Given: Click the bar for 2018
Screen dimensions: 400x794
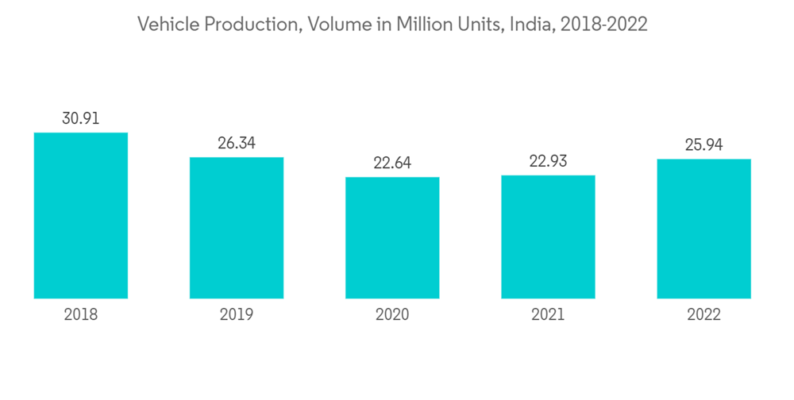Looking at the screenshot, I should point(81,215).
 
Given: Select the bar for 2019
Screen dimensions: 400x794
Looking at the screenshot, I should point(237,228).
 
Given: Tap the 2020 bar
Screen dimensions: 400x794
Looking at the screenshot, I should point(392,237).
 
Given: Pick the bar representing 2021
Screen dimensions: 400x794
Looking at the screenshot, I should point(548,237).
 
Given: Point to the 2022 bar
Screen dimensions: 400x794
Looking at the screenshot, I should point(703,229).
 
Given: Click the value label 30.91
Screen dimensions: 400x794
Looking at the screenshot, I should point(81,119).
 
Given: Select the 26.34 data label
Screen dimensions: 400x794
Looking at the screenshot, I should point(237,144).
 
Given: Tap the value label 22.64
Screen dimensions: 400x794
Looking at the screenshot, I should point(392,163).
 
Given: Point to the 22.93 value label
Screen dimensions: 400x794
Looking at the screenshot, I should point(548,162).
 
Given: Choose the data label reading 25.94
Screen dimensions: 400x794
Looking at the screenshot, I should point(703,146).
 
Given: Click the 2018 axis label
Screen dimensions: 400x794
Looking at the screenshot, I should point(81,315).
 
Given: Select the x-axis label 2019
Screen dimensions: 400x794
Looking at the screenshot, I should point(237,315).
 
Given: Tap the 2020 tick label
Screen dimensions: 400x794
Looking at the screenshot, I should point(392,315).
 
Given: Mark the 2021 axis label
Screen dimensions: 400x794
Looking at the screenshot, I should point(548,315).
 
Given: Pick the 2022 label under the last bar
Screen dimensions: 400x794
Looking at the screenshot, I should point(703,315).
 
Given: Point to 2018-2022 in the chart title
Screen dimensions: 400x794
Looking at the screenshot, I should point(603,25).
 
